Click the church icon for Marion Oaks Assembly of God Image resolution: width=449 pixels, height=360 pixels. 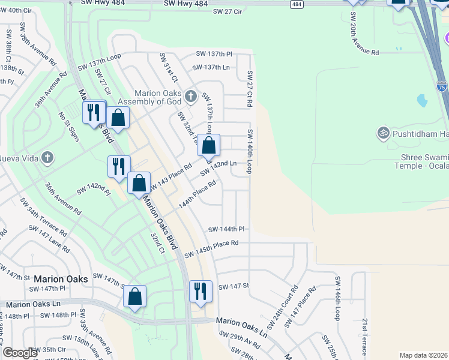191,96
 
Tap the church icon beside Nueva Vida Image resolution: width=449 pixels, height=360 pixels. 47,158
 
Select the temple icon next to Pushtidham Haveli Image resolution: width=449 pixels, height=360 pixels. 384,132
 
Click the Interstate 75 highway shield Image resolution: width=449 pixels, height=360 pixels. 442,88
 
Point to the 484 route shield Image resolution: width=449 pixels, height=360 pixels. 296,4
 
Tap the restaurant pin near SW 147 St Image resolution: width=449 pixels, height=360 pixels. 199,291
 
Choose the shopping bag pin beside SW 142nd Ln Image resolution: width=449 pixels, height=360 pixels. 209,145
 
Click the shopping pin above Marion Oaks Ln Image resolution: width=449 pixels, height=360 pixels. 134,296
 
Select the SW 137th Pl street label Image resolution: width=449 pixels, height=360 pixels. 213,54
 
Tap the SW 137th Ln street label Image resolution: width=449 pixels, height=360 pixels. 212,67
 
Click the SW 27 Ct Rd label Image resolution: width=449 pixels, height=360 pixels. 250,89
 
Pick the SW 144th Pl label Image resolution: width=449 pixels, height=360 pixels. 226,229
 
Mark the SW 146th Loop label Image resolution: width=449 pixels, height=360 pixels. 337,297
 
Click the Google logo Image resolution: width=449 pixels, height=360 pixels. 20,353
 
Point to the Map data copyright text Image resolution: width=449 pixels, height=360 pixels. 424,355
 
